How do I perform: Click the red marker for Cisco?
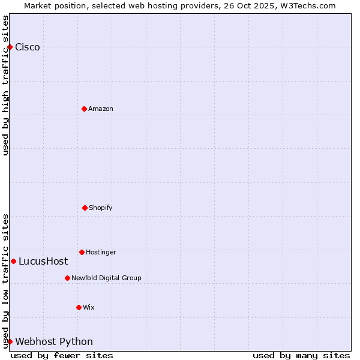point(10,47)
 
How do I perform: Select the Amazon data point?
point(84,109)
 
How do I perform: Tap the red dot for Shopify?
point(85,208)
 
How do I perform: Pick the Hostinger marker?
point(82,252)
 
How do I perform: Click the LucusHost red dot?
point(13,261)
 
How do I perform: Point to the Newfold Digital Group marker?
point(67,278)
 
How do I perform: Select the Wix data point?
point(79,307)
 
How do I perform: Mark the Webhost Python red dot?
point(10,341)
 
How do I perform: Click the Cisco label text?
point(28,47)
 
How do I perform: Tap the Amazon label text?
point(101,109)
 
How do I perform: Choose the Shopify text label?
point(101,208)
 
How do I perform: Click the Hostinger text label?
point(101,252)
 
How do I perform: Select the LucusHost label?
point(43,261)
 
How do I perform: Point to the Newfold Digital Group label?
point(106,278)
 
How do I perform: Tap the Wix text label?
point(89,307)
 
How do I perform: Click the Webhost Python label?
point(54,341)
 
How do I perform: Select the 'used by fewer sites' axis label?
point(62,355)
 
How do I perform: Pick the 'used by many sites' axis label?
point(301,355)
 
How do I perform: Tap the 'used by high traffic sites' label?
point(5,85)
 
